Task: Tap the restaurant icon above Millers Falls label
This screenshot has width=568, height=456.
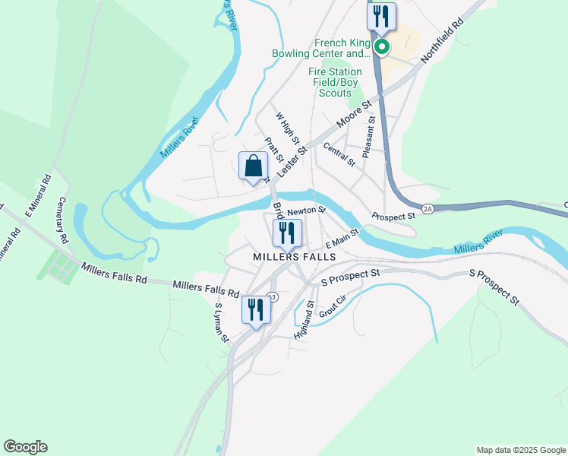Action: click(x=287, y=234)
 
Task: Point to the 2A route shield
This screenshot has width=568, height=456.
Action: click(x=428, y=207)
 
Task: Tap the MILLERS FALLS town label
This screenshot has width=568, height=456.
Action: click(x=295, y=258)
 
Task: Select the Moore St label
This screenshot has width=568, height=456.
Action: click(x=355, y=114)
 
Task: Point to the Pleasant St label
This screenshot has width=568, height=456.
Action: click(x=370, y=137)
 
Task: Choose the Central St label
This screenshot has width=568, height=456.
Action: click(x=339, y=154)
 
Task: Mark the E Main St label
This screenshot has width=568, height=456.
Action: click(x=341, y=239)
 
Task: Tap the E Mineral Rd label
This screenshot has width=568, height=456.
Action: click(x=38, y=196)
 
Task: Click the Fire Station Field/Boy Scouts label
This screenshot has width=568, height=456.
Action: click(x=334, y=82)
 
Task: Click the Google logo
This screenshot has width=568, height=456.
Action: click(x=25, y=447)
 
